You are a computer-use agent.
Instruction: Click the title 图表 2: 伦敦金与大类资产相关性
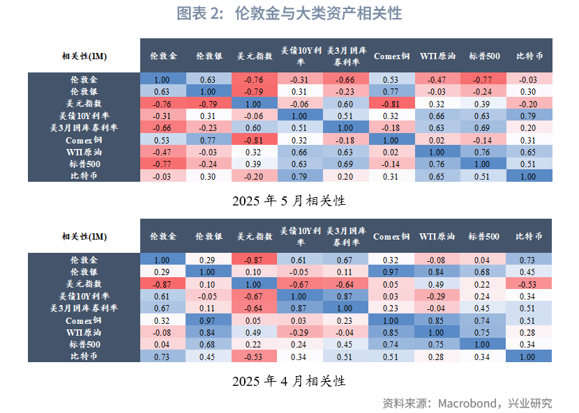[289, 14]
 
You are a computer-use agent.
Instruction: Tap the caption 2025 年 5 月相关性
[289, 201]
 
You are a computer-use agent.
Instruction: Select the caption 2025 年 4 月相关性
[289, 381]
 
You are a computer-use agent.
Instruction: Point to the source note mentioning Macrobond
[467, 403]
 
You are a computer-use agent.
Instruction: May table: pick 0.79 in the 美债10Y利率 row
[529, 116]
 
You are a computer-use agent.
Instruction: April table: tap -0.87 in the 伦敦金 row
[255, 260]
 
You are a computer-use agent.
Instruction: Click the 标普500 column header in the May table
[483, 56]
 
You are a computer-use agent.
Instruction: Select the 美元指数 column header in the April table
[255, 236]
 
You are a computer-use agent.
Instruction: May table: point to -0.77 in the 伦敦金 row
[483, 79]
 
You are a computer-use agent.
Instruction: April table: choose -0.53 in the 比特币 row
[255, 357]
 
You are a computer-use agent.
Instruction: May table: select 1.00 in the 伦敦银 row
[209, 91]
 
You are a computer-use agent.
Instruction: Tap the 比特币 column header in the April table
[529, 236]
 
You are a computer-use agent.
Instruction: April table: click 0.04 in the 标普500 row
[162, 344]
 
